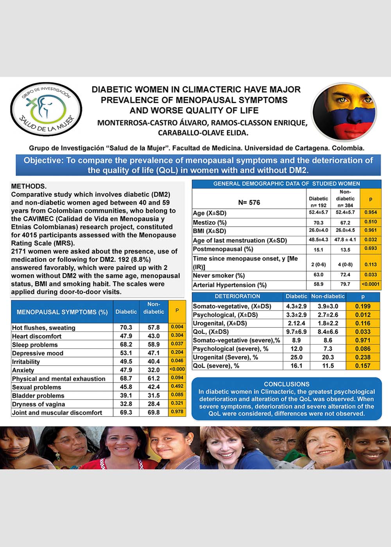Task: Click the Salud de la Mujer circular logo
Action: (46, 109)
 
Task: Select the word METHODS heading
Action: (29, 186)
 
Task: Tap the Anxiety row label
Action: (23, 370)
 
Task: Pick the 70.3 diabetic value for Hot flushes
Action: (126, 327)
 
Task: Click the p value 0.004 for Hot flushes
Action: (177, 327)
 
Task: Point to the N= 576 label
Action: (249, 202)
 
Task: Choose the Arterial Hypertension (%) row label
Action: (230, 285)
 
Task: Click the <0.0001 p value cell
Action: (370, 284)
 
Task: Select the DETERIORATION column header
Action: (237, 296)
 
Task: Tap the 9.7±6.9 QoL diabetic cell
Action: (296, 332)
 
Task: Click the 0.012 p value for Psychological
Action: (362, 315)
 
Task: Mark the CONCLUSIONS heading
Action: (287, 384)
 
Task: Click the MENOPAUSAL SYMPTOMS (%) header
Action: (62, 312)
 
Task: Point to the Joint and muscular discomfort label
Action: (57, 413)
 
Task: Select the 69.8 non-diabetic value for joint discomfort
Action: (154, 413)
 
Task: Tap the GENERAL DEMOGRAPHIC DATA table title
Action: (287, 184)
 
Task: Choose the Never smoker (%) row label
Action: (219, 275)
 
